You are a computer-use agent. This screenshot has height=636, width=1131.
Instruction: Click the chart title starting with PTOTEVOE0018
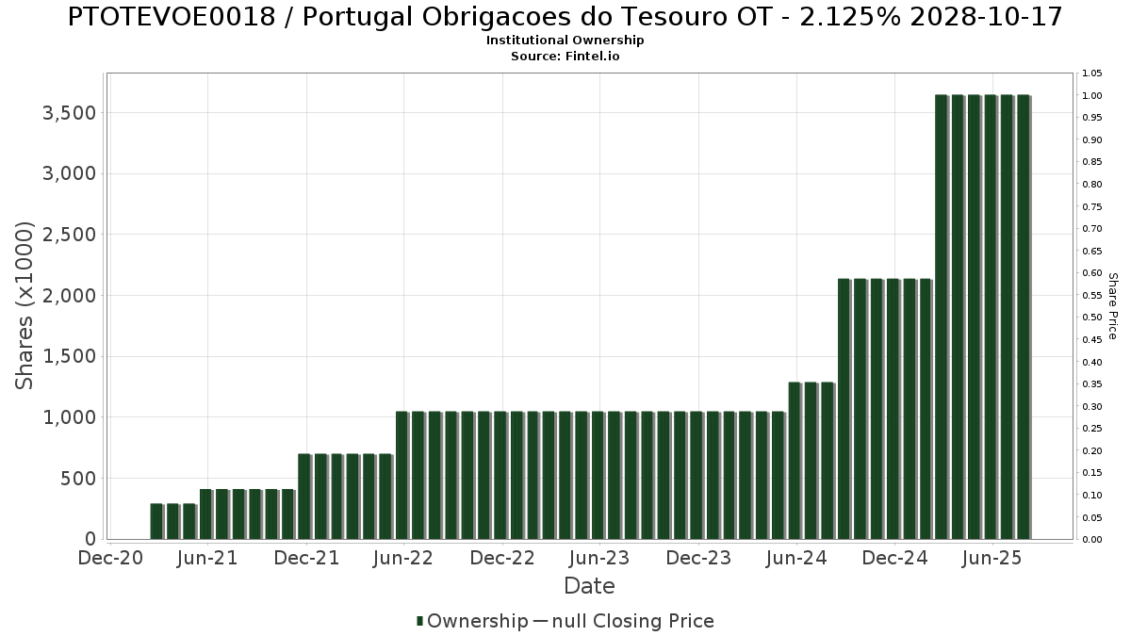click(565, 17)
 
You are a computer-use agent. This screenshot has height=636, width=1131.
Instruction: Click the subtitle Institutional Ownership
click(565, 41)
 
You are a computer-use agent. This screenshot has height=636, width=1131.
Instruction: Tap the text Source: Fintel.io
click(565, 56)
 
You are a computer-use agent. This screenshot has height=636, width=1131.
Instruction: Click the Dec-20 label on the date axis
click(110, 558)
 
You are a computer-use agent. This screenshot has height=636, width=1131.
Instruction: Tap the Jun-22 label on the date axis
click(403, 558)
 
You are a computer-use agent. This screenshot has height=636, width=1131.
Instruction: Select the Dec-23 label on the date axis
click(697, 558)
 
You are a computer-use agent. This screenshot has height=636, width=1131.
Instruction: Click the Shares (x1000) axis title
click(25, 305)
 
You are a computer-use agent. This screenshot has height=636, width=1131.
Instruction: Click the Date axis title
click(589, 586)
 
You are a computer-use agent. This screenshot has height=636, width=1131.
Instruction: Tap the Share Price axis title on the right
click(1112, 305)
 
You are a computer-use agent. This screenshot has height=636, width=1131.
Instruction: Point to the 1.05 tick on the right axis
click(1092, 73)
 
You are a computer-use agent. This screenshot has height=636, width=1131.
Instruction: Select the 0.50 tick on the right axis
click(1092, 318)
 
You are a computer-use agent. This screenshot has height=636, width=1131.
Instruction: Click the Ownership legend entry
click(472, 621)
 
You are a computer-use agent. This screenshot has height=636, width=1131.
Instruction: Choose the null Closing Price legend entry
click(623, 621)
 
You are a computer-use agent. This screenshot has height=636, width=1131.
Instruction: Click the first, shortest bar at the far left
click(156, 521)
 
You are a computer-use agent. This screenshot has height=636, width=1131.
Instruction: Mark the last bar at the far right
click(1023, 317)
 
